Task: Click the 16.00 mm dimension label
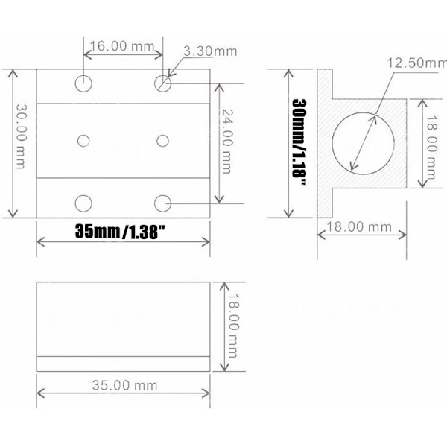(x=122, y=46)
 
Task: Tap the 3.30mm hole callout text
(x=210, y=51)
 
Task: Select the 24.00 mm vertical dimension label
(x=226, y=141)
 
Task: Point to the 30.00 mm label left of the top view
(x=21, y=136)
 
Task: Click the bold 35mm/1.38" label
(x=120, y=232)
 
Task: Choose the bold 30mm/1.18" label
(x=299, y=142)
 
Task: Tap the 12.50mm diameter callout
(x=416, y=63)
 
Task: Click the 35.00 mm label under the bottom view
(x=124, y=385)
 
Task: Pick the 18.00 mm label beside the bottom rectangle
(x=232, y=326)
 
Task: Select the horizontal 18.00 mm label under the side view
(x=359, y=227)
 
